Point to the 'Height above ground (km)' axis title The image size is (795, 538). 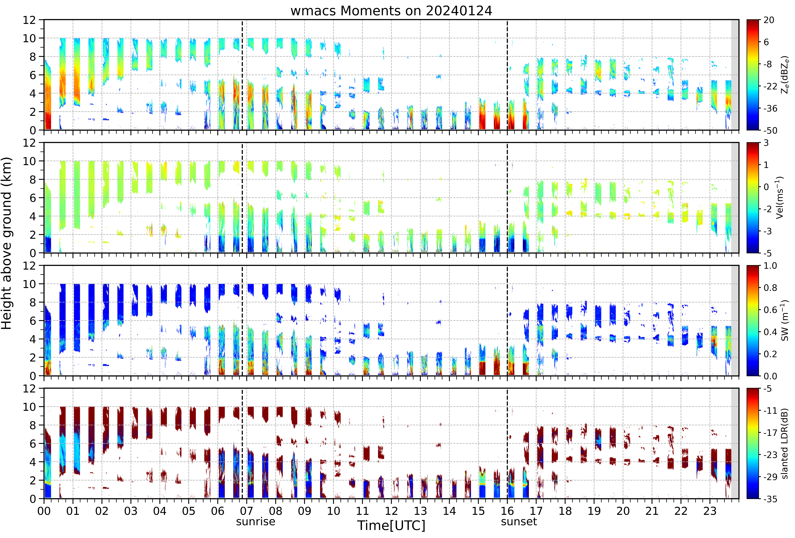point(7,243)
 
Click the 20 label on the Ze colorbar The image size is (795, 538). point(769,20)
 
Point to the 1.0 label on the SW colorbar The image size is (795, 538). point(770,266)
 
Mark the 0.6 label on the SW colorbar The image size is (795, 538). point(770,310)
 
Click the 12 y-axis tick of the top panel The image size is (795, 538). point(29,20)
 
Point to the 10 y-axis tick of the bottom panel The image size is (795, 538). point(29,407)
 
